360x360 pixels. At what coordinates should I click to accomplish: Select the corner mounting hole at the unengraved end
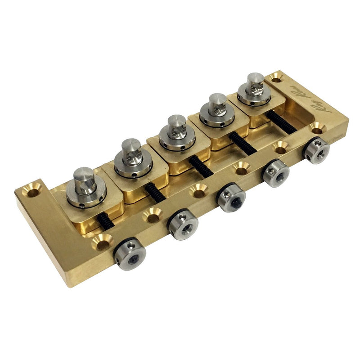(33, 192)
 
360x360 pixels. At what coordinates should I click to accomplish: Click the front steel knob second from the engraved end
(275, 172)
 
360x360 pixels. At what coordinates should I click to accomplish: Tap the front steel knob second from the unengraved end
(183, 225)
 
